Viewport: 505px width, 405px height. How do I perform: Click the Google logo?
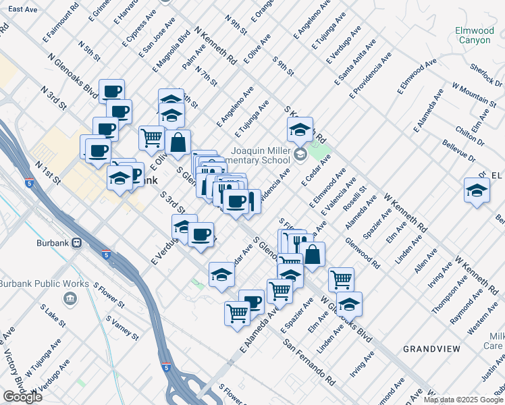click(22, 397)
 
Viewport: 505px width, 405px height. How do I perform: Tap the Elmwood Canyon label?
click(474, 35)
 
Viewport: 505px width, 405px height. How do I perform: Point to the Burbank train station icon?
click(77, 242)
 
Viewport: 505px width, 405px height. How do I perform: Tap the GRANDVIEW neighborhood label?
click(431, 348)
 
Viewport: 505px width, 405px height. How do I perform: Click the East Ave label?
click(24, 9)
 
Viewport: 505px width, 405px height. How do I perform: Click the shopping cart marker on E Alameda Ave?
click(238, 313)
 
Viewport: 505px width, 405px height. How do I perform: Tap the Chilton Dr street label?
click(471, 136)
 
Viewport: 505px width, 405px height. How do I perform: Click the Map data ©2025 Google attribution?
click(463, 400)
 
